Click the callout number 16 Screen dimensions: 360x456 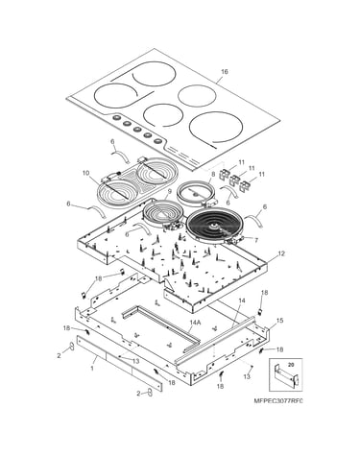pyautogui.click(x=225, y=72)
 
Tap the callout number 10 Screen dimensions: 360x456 pyautogui.click(x=85, y=173)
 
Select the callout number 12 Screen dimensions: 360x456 pyautogui.click(x=281, y=253)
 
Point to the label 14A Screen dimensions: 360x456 pyautogui.click(x=195, y=323)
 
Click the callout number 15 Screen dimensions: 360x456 pyautogui.click(x=279, y=321)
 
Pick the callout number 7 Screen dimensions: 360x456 pyautogui.click(x=256, y=239)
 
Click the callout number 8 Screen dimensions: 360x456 pyautogui.click(x=214, y=175)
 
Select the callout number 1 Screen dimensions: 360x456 pyautogui.click(x=92, y=368)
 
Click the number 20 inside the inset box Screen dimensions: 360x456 pyautogui.click(x=291, y=364)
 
